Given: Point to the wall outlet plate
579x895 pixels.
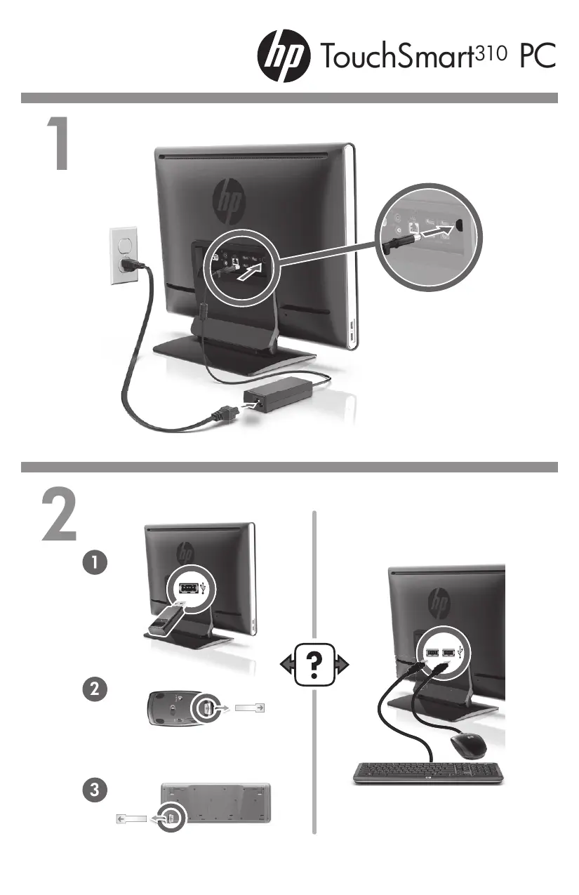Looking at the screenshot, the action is (x=124, y=256).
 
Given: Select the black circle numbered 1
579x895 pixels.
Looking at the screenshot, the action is (x=94, y=563).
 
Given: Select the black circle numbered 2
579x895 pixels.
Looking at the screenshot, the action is (x=94, y=689).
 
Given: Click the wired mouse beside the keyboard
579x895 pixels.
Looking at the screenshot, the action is (x=468, y=745).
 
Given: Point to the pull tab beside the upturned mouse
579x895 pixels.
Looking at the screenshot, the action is (x=251, y=709).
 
